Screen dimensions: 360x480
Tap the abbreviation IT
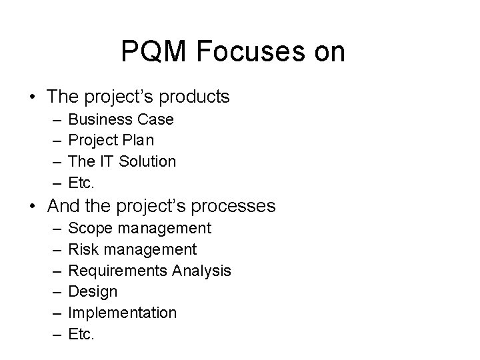pyautogui.click(x=107, y=161)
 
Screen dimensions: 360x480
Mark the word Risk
pyautogui.click(x=83, y=249)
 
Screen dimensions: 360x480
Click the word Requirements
pyautogui.click(x=118, y=271)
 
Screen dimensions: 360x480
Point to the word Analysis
pyautogui.click(x=201, y=271)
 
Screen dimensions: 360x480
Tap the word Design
pyautogui.click(x=93, y=291)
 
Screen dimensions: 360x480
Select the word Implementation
pyautogui.click(x=123, y=313)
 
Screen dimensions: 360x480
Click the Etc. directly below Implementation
pyautogui.click(x=82, y=333)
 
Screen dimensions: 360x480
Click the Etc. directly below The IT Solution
pyautogui.click(x=82, y=182)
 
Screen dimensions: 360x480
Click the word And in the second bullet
pyautogui.click(x=63, y=206)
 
